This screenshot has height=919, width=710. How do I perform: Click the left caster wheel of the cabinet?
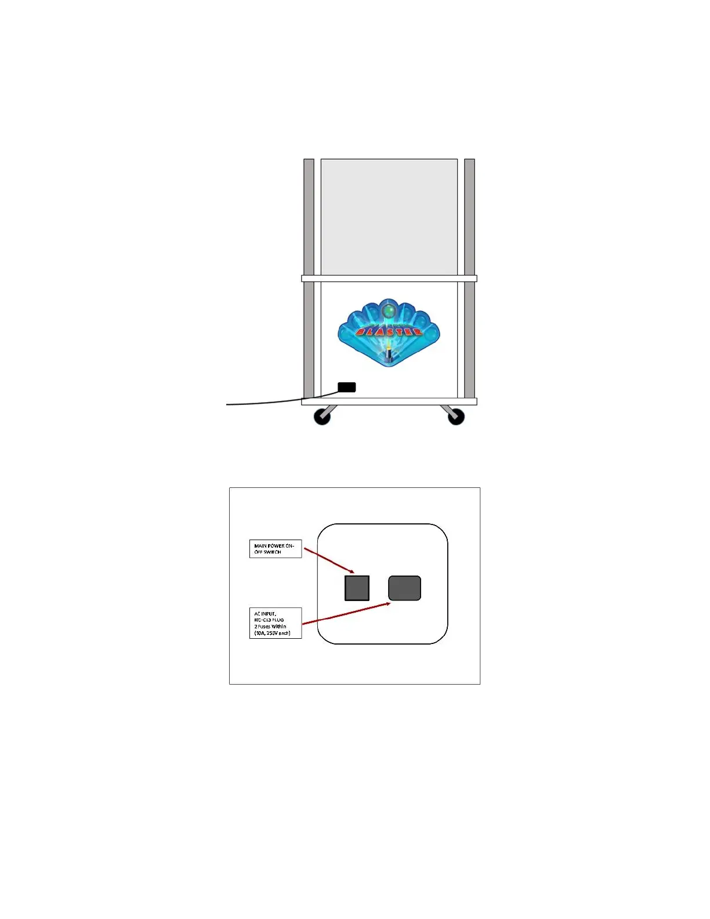tap(322, 416)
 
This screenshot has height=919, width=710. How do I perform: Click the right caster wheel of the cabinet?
tap(456, 416)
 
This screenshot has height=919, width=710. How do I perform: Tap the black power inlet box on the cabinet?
tap(347, 387)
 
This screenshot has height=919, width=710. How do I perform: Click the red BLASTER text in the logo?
tap(389, 332)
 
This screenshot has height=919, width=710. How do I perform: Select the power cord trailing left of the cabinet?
tap(261, 402)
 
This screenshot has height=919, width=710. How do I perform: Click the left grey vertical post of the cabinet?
tap(309, 220)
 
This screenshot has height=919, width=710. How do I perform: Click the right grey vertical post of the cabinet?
tap(470, 220)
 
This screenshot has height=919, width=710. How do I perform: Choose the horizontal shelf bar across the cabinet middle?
tap(389, 278)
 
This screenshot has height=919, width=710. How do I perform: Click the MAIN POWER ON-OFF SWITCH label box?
tap(276, 549)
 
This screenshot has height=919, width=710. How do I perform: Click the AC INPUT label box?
tap(276, 623)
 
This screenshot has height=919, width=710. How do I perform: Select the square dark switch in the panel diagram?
tap(357, 588)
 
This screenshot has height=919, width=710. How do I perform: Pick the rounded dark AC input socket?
tap(404, 588)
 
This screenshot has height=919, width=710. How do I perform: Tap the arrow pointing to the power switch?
tap(328, 560)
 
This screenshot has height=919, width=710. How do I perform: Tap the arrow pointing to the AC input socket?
tap(346, 613)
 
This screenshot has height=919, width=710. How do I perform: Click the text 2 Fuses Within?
tap(270, 627)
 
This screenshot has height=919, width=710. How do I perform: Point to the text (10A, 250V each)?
tap(272, 633)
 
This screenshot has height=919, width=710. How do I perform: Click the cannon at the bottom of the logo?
tap(389, 354)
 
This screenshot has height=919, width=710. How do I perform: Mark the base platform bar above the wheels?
tap(389, 401)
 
